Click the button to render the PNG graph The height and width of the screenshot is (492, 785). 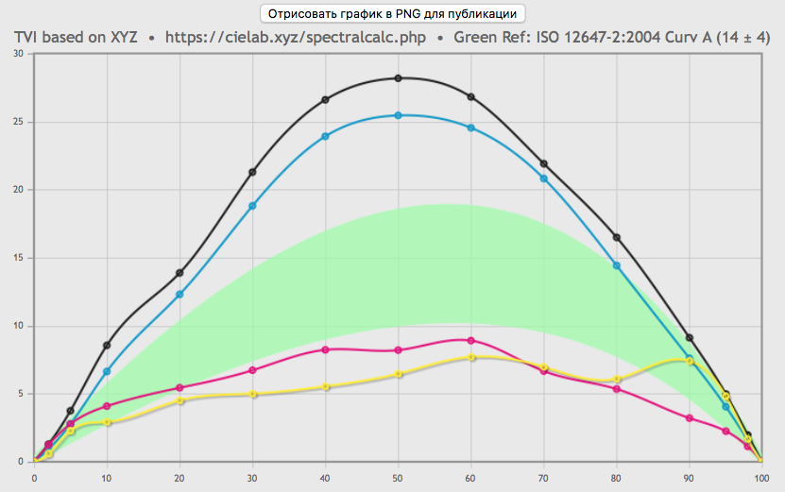tap(391, 14)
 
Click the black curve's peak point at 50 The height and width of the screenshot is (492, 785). tap(398, 78)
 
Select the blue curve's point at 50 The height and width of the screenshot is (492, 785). tap(398, 115)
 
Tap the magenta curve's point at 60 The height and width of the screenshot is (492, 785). tap(470, 340)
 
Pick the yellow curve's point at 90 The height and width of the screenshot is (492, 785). tap(689, 361)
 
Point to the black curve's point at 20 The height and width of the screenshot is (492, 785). tap(179, 273)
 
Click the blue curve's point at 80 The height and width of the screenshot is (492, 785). tap(617, 265)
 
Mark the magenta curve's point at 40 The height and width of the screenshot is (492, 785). tap(325, 349)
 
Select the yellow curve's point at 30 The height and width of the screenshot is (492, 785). tap(252, 394)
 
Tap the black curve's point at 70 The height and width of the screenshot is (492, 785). tap(543, 164)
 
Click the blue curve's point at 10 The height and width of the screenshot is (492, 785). tap(107, 371)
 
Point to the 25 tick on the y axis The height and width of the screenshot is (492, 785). tap(19, 122)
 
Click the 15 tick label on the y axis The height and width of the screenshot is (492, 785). tap(19, 258)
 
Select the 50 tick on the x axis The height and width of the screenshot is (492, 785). tap(398, 478)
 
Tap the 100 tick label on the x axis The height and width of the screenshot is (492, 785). tap(761, 478)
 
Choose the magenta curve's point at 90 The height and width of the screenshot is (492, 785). tap(690, 418)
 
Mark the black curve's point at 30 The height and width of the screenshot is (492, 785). tap(252, 172)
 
